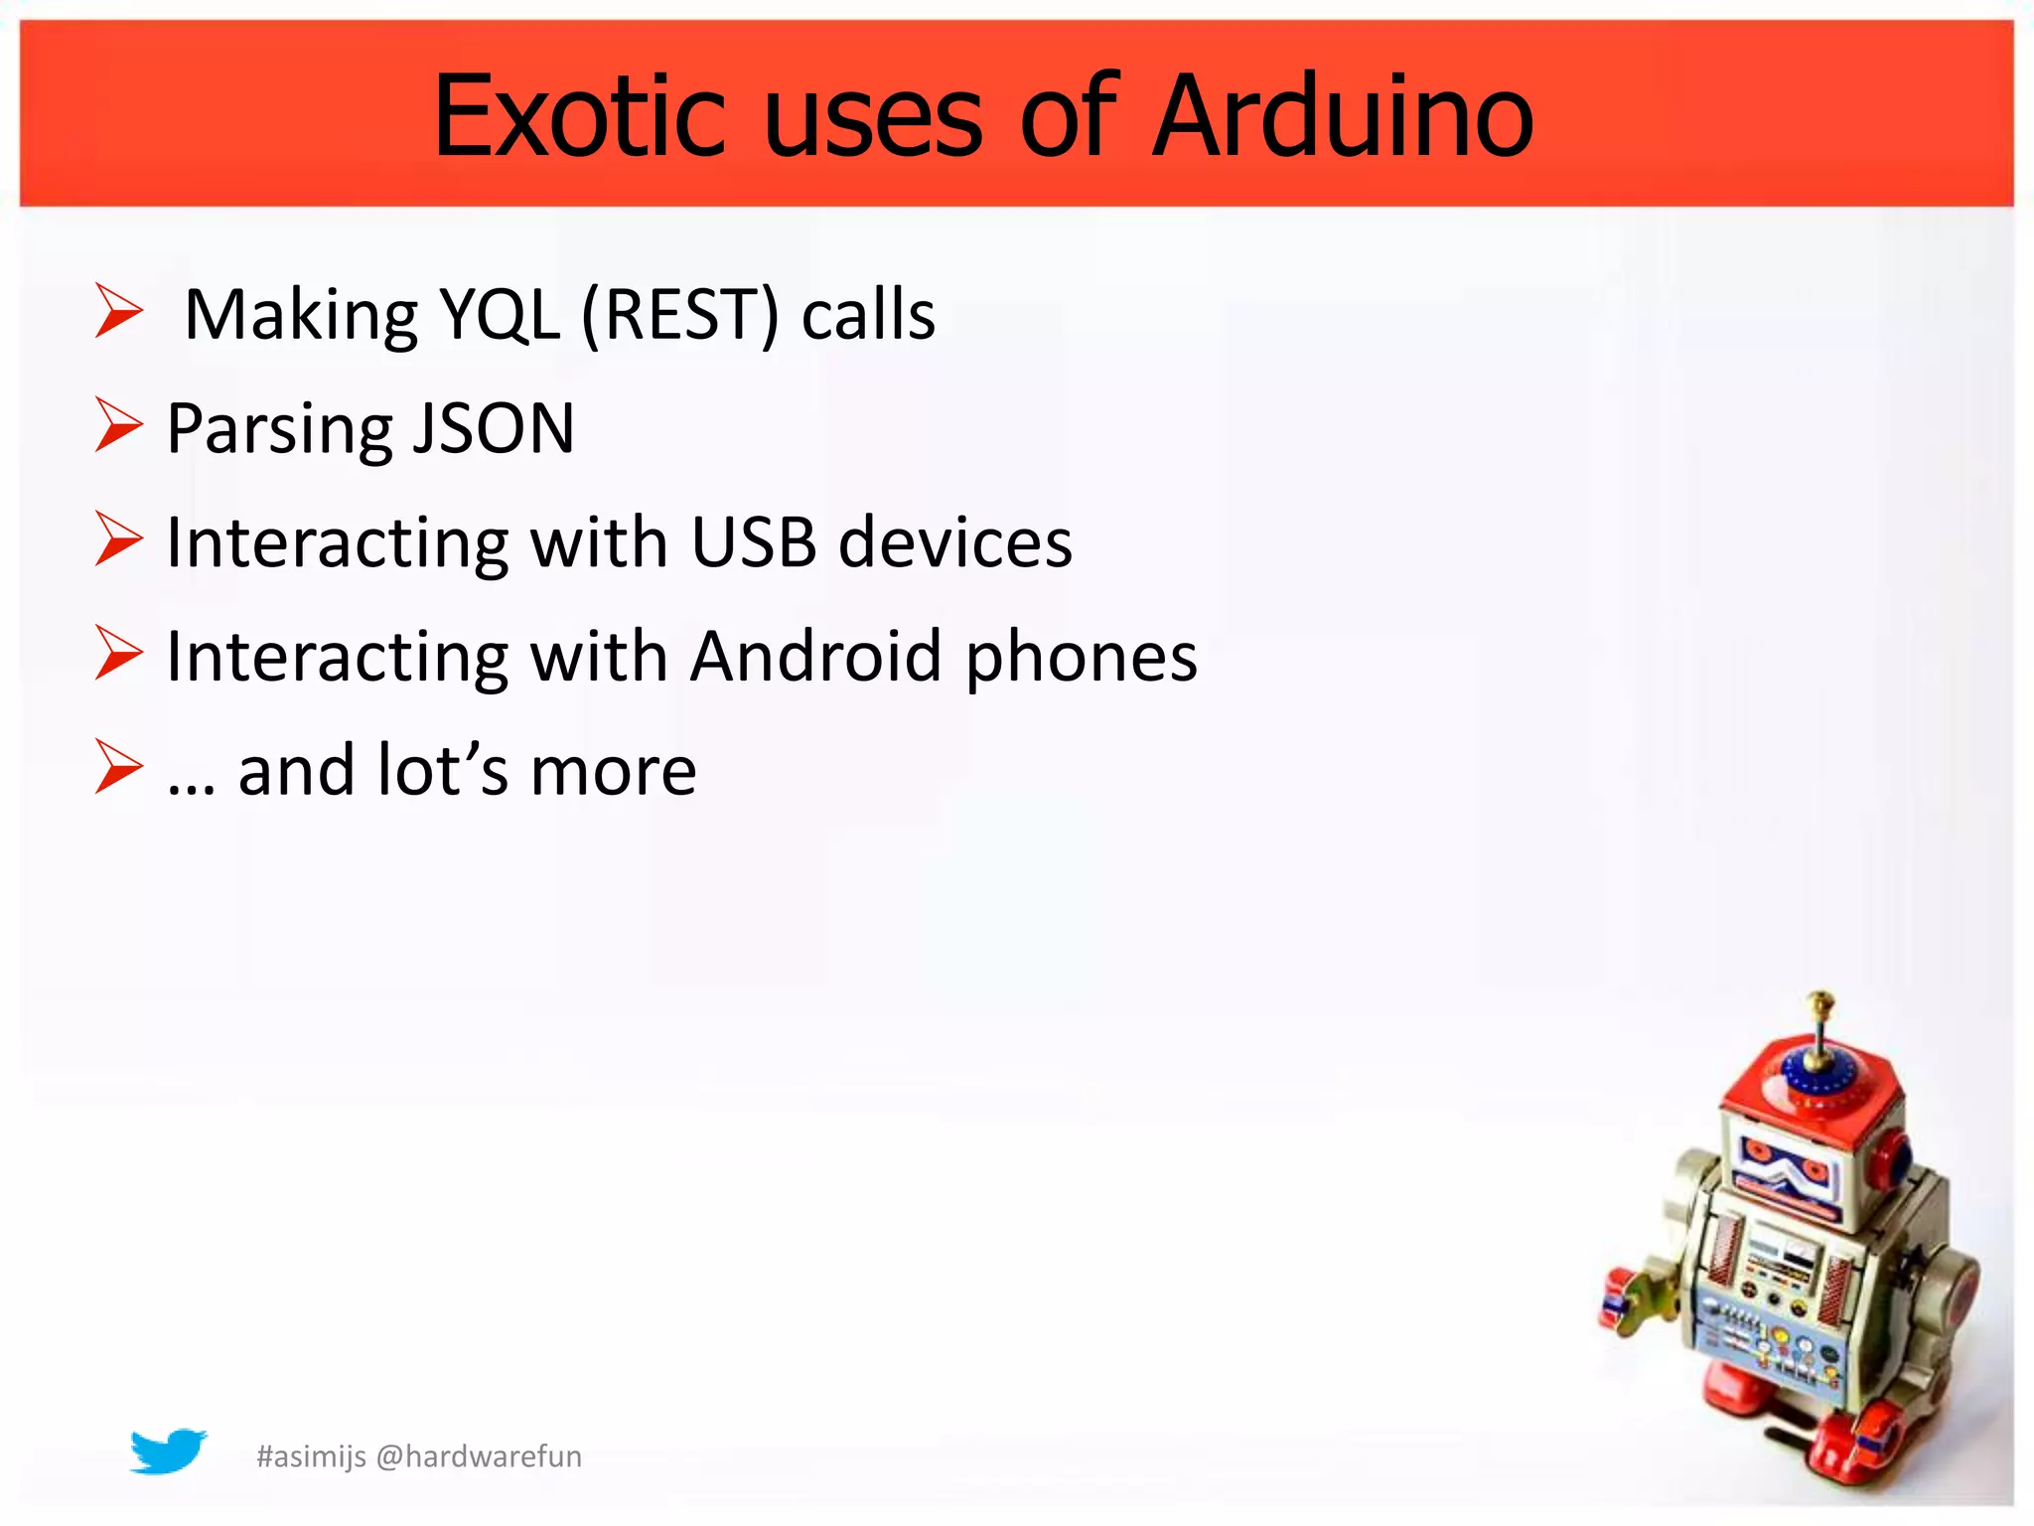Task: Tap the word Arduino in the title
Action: pos(1343,117)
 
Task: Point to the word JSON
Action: pos(494,429)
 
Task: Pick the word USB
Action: pos(753,543)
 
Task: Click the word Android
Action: pos(815,657)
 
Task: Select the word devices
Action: pos(955,543)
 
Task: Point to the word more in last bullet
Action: pos(613,772)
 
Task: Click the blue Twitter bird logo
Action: pos(168,1451)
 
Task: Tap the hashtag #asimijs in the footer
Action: pos(311,1456)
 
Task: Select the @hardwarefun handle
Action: pos(479,1456)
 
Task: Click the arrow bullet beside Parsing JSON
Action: pos(119,424)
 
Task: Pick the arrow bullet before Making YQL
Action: pos(119,310)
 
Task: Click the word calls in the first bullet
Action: pos(868,315)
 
